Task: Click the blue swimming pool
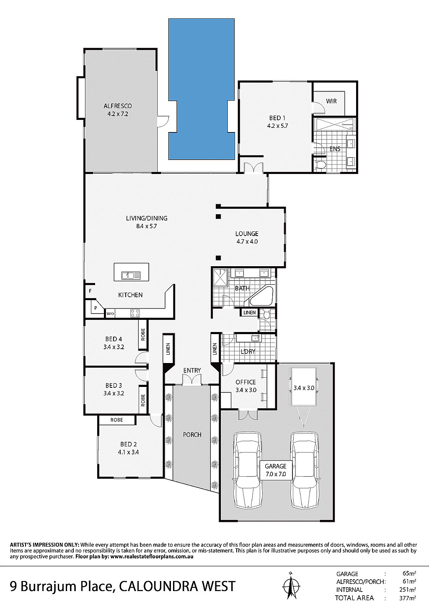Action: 201,89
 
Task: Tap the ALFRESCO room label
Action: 118,106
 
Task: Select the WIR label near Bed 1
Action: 331,101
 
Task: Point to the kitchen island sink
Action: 131,275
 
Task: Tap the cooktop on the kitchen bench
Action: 135,313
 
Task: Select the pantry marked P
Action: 95,308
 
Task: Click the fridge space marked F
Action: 90,291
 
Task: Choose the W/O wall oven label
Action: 110,314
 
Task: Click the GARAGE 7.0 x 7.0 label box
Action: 276,470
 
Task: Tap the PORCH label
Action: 192,435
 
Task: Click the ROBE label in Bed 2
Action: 117,420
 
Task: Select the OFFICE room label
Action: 246,382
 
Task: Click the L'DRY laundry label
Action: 248,352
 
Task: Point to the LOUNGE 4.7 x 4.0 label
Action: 246,237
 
